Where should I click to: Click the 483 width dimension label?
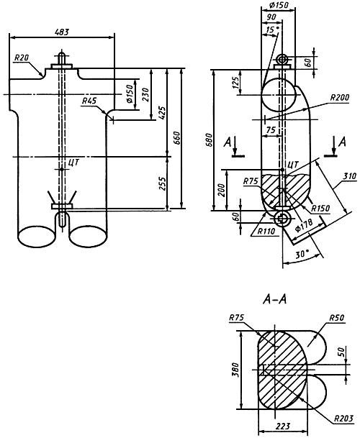pyautogui.click(x=62, y=32)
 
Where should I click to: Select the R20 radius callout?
pyautogui.click(x=22, y=58)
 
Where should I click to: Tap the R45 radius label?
pyautogui.click(x=89, y=101)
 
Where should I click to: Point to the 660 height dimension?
pyautogui.click(x=177, y=138)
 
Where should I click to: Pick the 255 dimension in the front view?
pyautogui.click(x=163, y=183)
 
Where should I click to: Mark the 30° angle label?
pyautogui.click(x=302, y=254)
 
